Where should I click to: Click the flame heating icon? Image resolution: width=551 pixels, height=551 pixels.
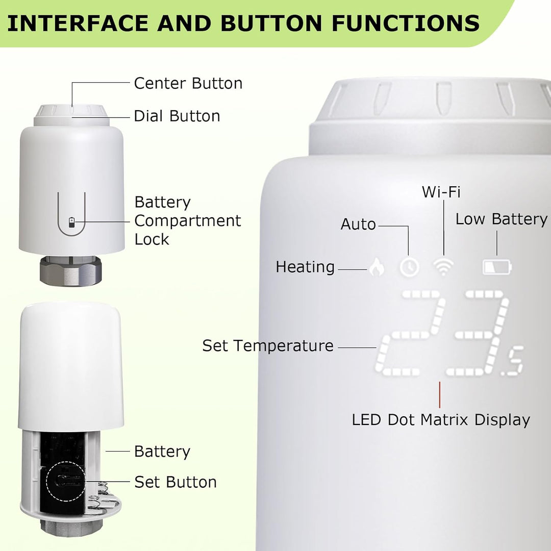377,267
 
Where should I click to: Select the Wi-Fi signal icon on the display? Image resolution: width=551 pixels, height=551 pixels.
443,267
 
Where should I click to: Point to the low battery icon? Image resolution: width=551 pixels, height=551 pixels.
497,267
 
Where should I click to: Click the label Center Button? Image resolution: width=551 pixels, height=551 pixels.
188,83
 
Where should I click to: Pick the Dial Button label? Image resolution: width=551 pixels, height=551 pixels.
177,116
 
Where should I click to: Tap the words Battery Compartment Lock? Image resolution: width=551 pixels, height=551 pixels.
187,220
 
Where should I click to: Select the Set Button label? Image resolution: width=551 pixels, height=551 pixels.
176,482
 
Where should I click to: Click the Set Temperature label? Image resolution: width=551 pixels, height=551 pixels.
268,346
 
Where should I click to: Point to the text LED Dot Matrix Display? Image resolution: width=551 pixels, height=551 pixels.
441,420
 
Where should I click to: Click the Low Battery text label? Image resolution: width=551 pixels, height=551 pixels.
502,219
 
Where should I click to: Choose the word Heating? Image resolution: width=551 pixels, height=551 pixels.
305,267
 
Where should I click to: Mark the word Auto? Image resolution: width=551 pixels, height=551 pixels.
358,224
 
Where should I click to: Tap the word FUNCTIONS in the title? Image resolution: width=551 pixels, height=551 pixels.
406,23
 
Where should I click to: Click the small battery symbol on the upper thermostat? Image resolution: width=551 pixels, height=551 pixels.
71,222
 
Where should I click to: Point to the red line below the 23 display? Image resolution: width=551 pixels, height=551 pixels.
439,394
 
